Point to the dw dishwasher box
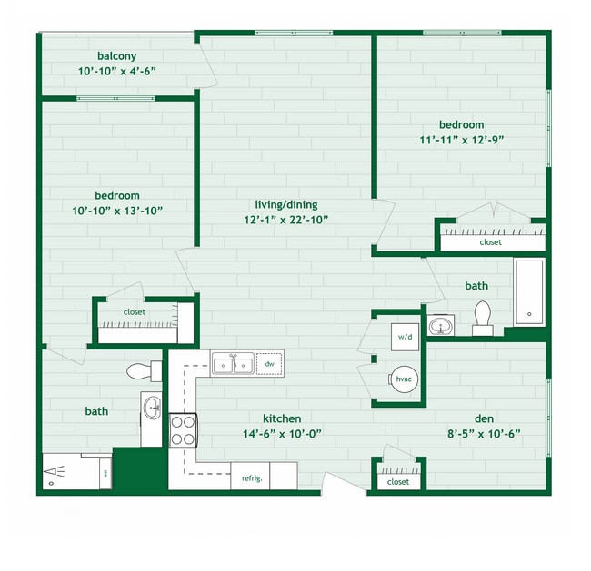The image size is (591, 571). pyautogui.click(x=270, y=364)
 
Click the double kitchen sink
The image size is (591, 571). pyautogui.click(x=234, y=364)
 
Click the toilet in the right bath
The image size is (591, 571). pyautogui.click(x=482, y=318)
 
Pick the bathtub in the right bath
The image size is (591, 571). pyautogui.click(x=528, y=292)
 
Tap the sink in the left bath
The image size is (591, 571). pyautogui.click(x=151, y=408)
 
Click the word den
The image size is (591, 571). pyautogui.click(x=484, y=418)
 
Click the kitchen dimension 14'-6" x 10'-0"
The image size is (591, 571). pyautogui.click(x=282, y=433)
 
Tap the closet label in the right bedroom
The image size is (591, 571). pyautogui.click(x=491, y=242)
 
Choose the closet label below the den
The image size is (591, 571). pyautogui.click(x=398, y=482)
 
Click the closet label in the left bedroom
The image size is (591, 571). pyautogui.click(x=135, y=312)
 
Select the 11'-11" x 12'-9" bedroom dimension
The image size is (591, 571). pyautogui.click(x=461, y=140)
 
